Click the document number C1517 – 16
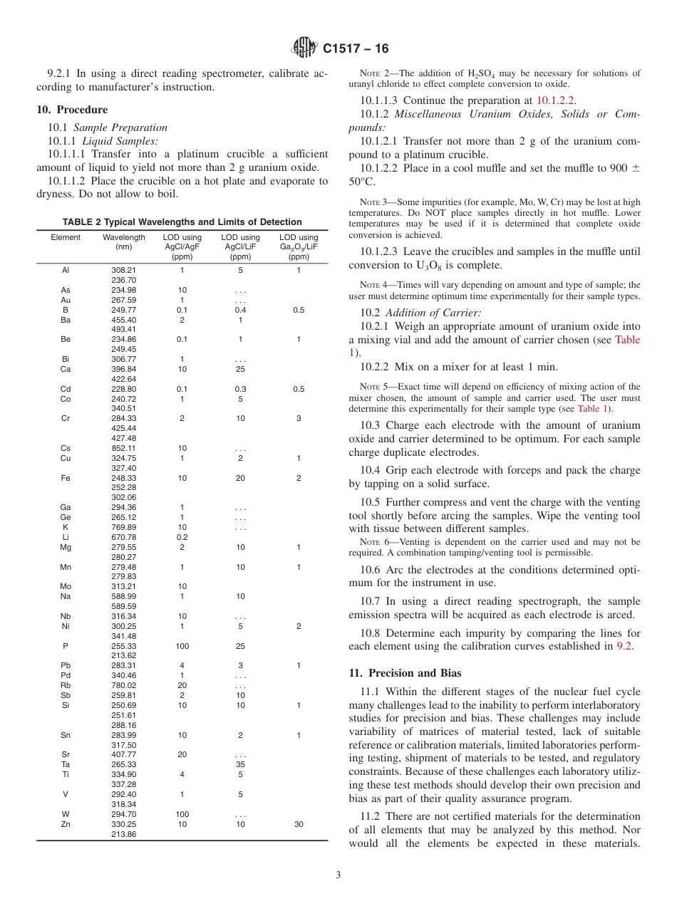coord(356,49)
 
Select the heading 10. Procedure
coord(72,110)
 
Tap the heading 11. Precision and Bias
coord(404,673)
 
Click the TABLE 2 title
coord(182,222)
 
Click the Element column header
coord(66,238)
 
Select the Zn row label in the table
coord(66,824)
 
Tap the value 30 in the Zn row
coord(299,824)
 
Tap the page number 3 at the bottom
coord(338,875)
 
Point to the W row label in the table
coord(66,814)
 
